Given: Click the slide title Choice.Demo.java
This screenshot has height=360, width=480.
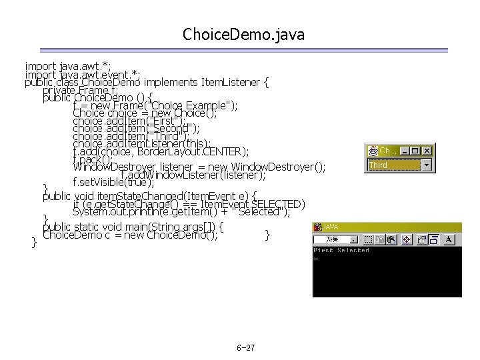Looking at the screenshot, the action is coord(243,35).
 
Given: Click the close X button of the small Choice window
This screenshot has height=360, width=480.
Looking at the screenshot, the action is coord(427,151).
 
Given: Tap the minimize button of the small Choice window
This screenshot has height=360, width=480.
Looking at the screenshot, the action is coord(406,151).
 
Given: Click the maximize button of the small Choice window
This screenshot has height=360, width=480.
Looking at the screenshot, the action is coord(416,151).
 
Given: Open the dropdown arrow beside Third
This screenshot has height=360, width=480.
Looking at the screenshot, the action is coord(427,164).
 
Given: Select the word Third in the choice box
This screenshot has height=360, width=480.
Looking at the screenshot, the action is coord(379,165).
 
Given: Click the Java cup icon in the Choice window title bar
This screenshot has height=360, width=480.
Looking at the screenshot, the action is coord(373,151).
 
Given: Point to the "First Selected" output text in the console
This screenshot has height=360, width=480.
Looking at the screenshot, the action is coord(341,251).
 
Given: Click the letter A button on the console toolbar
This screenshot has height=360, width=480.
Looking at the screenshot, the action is coord(450,239).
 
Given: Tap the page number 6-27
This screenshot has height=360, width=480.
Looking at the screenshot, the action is coord(245,349).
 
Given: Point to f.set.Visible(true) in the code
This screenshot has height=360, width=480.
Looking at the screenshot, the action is coord(113,181).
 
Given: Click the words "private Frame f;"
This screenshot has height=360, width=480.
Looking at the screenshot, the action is coord(81,90).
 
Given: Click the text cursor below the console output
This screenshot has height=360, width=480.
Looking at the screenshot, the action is coord(316,258).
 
